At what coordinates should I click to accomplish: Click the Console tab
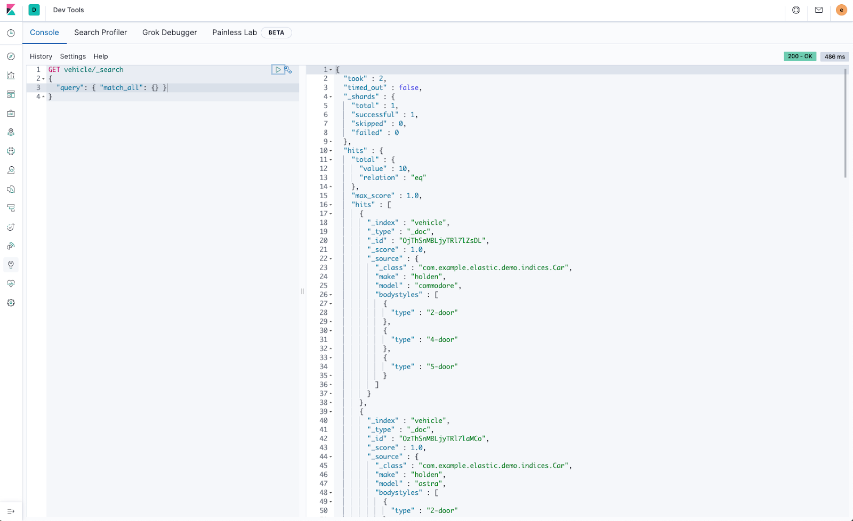[x=44, y=32]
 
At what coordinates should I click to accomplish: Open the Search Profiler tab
[x=100, y=32]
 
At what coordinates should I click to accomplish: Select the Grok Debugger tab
[x=170, y=32]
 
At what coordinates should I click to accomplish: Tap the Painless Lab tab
[x=235, y=32]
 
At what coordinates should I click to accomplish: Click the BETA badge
[x=276, y=32]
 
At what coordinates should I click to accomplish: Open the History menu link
[x=41, y=56]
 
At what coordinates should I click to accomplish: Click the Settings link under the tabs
[x=73, y=56]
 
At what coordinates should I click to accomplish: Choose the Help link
[x=101, y=56]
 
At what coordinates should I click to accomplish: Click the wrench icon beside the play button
[x=288, y=70]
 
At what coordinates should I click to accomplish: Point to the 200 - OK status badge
[x=800, y=56]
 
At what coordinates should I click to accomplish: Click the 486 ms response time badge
[x=834, y=56]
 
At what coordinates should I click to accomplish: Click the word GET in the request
[x=54, y=70]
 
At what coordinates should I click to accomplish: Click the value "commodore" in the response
[x=437, y=286]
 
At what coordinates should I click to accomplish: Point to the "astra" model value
[x=429, y=484]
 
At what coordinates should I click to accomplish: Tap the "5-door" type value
[x=442, y=367]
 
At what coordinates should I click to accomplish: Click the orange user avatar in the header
[x=841, y=10]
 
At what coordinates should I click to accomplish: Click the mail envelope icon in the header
[x=819, y=10]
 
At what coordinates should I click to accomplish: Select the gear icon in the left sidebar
[x=11, y=303]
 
